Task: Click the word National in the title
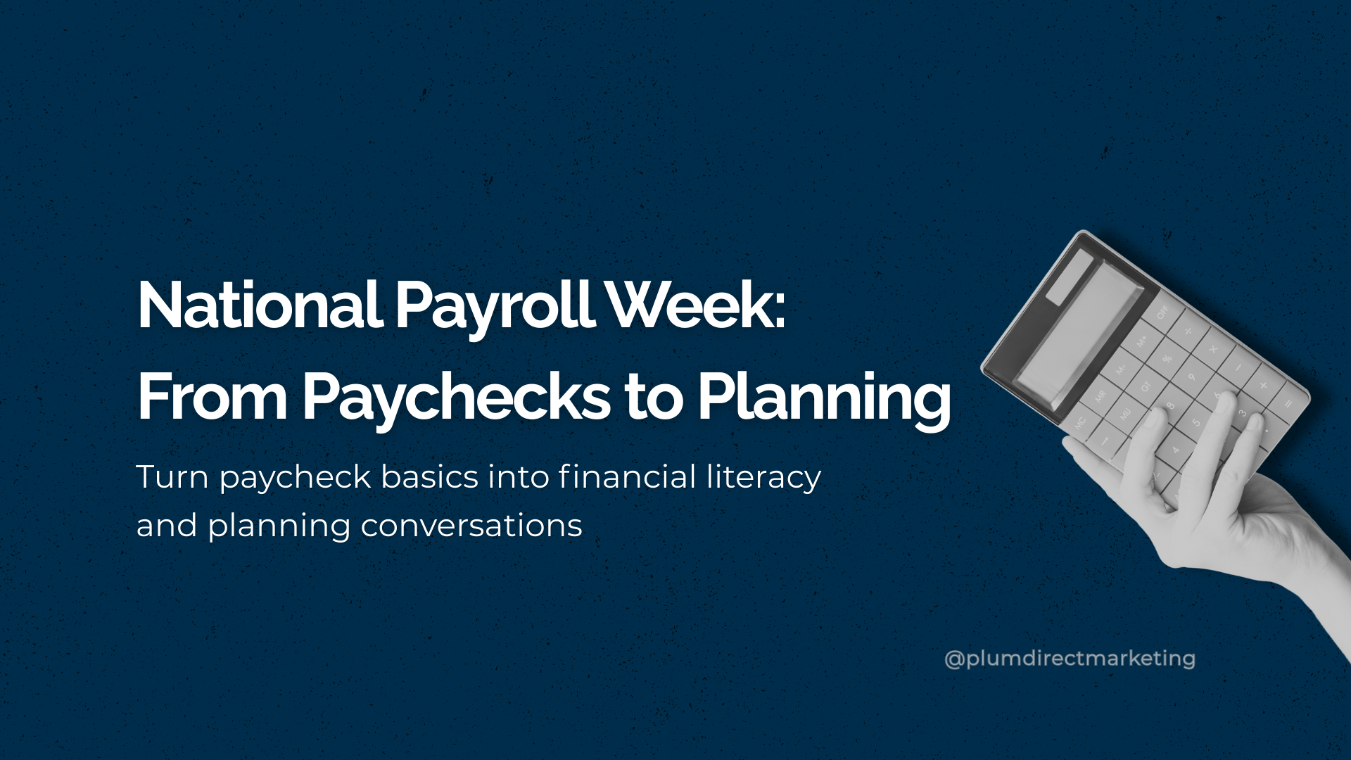(x=260, y=305)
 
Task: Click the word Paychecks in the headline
(x=457, y=398)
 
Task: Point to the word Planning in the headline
(x=824, y=398)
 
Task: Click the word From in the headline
(x=212, y=398)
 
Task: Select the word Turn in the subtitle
(x=172, y=477)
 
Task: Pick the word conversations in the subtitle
(x=471, y=526)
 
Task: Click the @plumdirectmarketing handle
(x=1070, y=659)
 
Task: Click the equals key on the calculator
(x=1287, y=403)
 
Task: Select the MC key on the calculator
(x=1079, y=422)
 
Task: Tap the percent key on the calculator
(x=1167, y=358)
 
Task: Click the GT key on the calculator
(x=1145, y=386)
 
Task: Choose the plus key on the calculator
(x=1263, y=386)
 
